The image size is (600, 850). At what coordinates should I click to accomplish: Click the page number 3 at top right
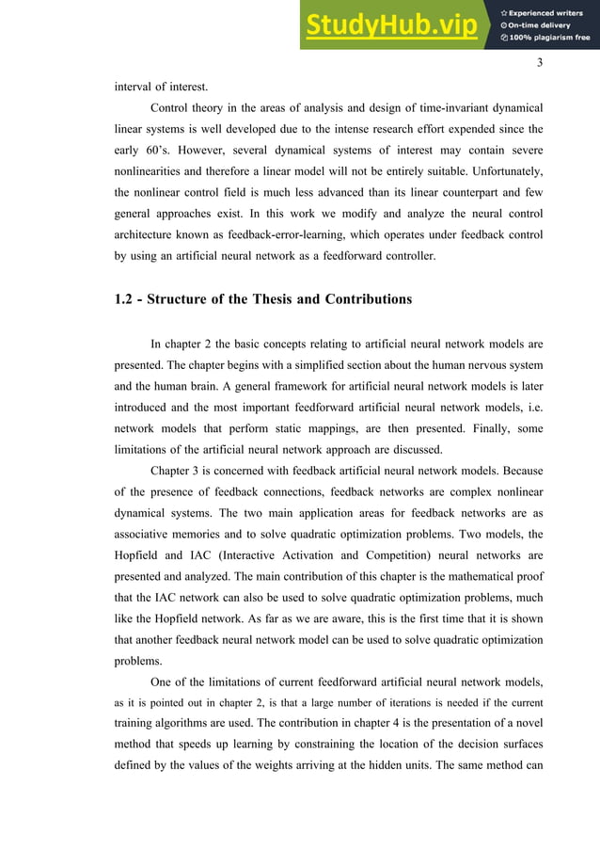[x=540, y=63]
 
